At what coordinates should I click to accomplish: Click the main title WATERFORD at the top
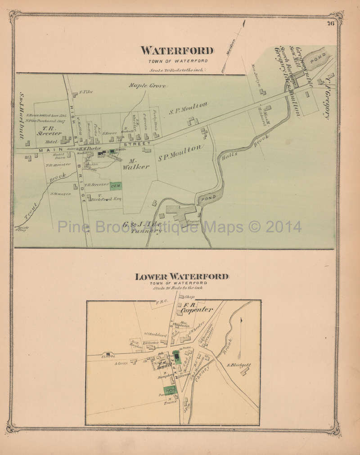(177, 51)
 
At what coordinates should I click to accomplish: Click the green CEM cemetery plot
(115, 185)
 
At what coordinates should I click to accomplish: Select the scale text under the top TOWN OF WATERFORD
(177, 70)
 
